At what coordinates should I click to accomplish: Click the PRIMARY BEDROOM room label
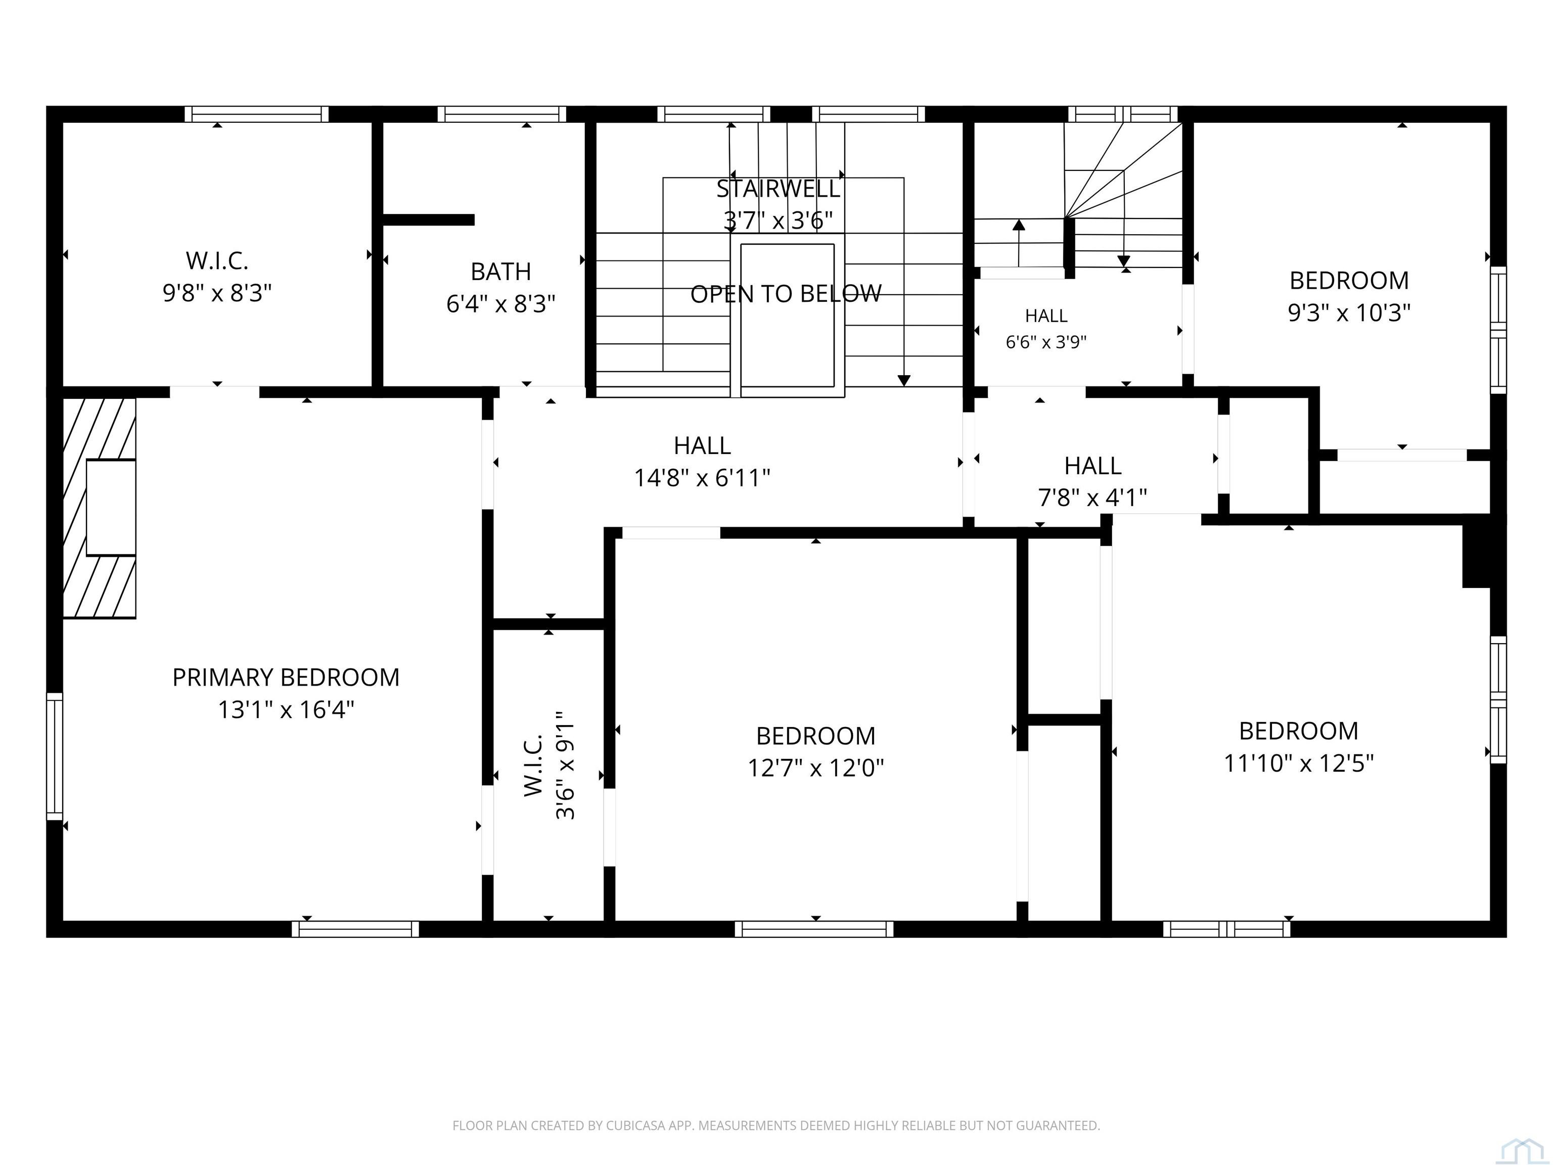[286, 678]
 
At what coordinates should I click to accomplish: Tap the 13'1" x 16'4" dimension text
[286, 710]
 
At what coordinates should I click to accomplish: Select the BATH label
[500, 272]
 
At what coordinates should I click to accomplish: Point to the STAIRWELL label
[778, 189]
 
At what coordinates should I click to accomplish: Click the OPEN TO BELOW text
[786, 294]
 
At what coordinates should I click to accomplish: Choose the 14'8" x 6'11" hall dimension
[702, 478]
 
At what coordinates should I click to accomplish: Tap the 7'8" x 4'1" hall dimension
[1092, 498]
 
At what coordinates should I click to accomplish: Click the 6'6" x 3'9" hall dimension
[1046, 342]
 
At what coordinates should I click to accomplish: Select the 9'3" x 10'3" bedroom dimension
[1349, 312]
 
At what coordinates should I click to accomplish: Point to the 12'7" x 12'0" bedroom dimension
[815, 768]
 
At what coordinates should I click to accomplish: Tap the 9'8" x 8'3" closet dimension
[217, 293]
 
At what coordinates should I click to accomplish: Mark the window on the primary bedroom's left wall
[54, 756]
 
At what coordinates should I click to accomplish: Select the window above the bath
[501, 114]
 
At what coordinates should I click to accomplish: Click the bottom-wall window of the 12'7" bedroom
[814, 929]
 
